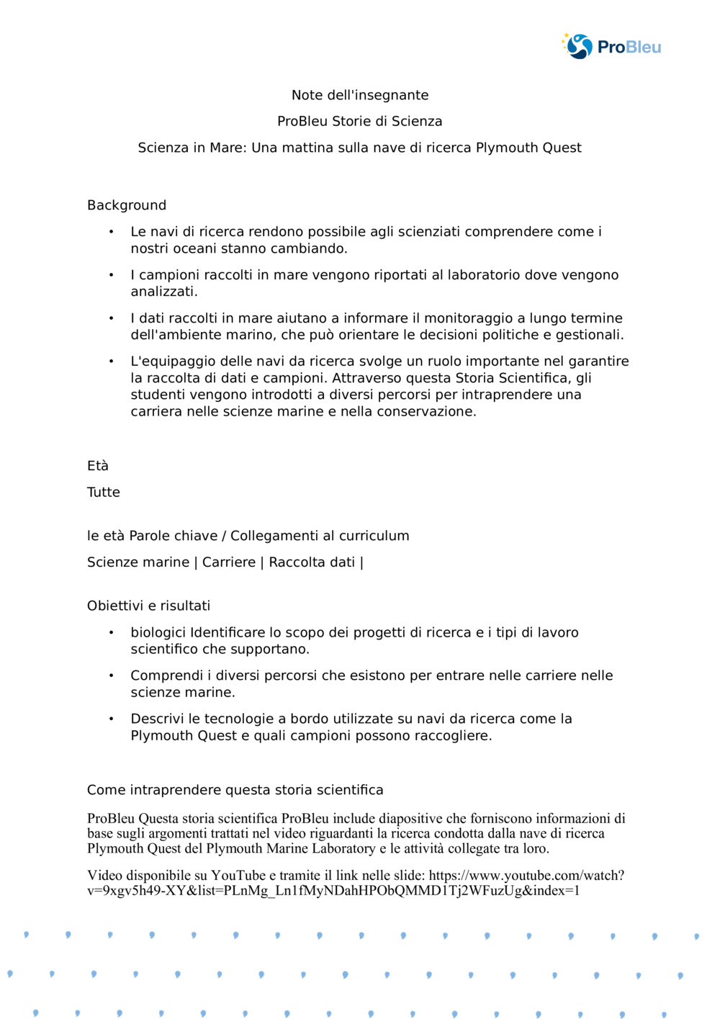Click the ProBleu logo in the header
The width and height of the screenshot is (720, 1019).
tap(611, 47)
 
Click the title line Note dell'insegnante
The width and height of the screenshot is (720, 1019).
tap(360, 95)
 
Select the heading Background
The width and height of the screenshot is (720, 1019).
tap(127, 205)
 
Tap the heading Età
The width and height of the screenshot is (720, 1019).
tap(98, 466)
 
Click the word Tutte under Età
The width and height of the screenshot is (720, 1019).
tap(104, 493)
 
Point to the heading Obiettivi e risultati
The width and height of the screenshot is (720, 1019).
tap(149, 606)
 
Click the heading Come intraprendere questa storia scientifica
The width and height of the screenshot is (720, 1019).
tap(235, 790)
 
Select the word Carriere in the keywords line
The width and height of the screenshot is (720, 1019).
tap(229, 562)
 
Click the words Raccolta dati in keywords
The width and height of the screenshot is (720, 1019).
tap(312, 562)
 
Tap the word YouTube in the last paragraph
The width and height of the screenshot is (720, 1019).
tap(238, 876)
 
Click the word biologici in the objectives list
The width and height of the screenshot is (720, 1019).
tap(158, 632)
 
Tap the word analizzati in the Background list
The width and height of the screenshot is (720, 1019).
tap(163, 292)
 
